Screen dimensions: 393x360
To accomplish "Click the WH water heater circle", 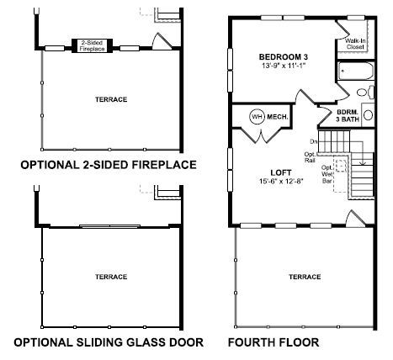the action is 258,116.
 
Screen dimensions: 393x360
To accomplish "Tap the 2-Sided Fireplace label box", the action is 92,45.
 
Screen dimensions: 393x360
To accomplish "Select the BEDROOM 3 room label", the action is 284,57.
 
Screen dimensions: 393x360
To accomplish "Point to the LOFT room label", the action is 281,172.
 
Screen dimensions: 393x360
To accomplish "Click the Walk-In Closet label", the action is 355,44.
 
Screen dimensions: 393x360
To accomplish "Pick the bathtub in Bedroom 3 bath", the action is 356,71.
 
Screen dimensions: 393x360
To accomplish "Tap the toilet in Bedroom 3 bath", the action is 365,93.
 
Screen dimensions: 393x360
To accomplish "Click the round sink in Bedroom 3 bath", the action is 368,115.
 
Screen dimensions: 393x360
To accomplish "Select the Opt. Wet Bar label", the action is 327,174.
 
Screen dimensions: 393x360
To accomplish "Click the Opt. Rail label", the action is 310,157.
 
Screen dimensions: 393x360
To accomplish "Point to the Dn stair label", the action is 314,141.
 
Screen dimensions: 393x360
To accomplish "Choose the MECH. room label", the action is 278,117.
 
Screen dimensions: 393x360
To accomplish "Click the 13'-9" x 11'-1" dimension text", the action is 284,66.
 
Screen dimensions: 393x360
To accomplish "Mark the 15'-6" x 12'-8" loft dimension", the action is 281,181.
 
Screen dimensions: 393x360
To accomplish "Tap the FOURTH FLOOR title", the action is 274,342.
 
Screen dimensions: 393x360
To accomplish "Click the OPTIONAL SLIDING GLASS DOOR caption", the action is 109,342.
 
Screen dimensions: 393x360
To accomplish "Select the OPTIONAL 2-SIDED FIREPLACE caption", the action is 109,165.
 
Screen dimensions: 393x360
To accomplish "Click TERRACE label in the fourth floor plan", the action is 305,277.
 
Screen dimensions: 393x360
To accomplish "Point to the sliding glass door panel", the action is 109,226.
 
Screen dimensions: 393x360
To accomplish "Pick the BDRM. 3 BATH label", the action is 348,115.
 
